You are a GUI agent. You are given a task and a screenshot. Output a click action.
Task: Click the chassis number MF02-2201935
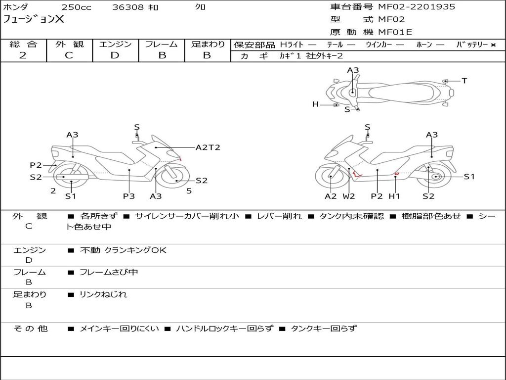coord(417,7)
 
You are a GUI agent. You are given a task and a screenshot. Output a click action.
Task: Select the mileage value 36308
coord(128,7)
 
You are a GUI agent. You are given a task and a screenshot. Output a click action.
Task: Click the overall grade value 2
coord(23,55)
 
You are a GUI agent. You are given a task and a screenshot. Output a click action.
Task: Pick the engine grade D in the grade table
coord(115,55)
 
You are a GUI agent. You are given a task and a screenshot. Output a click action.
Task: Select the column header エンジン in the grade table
coord(115,45)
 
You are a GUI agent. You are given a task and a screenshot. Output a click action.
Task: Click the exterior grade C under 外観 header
coord(69,55)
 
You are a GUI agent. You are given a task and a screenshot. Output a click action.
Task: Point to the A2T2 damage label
coord(208,147)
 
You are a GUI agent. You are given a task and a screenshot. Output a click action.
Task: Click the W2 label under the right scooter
coord(349,196)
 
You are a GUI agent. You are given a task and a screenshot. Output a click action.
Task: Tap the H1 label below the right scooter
coord(394,196)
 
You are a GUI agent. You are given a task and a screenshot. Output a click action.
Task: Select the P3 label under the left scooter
coord(129,196)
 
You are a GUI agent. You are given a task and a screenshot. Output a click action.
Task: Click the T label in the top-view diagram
coord(464,81)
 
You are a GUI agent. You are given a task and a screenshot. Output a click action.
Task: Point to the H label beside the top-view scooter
coord(315,104)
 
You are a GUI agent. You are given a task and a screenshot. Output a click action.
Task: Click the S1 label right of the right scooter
coord(468,177)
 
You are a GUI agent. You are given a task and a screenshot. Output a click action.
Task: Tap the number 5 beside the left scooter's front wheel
coord(189,190)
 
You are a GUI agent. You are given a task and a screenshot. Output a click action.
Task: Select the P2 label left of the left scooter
coord(36,165)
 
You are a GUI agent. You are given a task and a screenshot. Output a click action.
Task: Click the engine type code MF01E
coord(395,32)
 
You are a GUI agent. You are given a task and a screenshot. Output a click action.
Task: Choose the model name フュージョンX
coord(34,20)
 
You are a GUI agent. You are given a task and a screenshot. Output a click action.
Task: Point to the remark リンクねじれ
coord(103,294)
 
